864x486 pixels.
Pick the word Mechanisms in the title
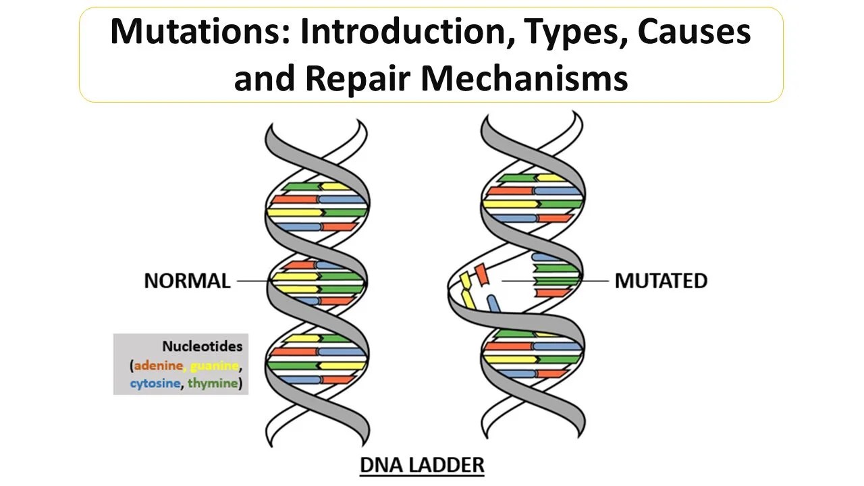(x=524, y=78)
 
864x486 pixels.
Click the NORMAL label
(x=187, y=281)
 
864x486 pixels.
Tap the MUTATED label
(x=661, y=281)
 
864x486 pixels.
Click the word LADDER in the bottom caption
(x=450, y=465)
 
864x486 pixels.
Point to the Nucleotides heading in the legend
(x=202, y=346)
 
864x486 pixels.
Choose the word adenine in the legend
(x=158, y=365)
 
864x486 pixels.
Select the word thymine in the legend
(x=213, y=383)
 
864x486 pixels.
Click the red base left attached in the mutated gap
(x=553, y=293)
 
